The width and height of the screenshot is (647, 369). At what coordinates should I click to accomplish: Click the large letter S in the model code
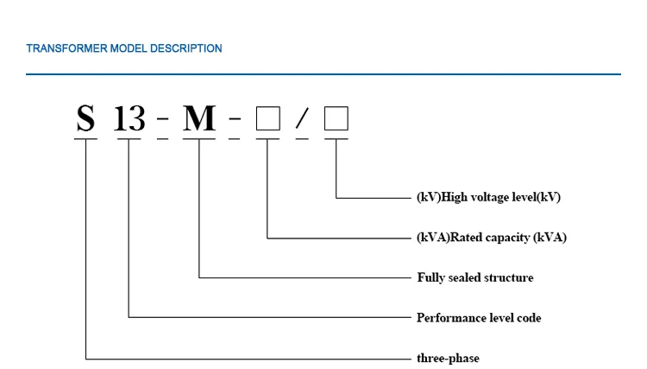click(85, 118)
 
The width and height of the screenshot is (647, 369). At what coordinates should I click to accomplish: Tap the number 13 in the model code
click(129, 118)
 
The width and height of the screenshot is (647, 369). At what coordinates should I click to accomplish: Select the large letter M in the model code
click(199, 118)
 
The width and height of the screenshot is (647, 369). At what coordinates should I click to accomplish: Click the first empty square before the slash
click(268, 118)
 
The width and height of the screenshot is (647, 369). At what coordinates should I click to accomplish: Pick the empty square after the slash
click(336, 118)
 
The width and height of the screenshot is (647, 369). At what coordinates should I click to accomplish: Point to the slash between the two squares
click(301, 119)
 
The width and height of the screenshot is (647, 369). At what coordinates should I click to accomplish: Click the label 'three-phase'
click(448, 358)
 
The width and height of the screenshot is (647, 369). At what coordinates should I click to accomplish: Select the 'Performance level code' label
click(479, 318)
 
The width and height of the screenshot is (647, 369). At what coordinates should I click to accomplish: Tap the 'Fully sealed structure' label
click(475, 277)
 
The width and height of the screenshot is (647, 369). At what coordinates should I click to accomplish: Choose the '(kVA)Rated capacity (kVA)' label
click(492, 238)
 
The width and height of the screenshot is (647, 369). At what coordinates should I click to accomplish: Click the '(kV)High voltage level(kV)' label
click(488, 197)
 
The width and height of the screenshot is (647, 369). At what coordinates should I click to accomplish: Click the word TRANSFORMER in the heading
click(66, 48)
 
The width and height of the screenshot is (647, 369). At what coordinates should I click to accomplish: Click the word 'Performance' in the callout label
click(449, 318)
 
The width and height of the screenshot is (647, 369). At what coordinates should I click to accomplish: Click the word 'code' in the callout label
click(529, 318)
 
